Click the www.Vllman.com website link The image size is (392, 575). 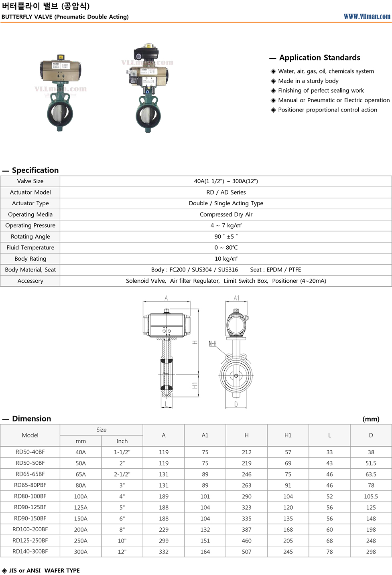click(x=367, y=16)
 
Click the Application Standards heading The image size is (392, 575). click(x=319, y=58)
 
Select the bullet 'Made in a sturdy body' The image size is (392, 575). click(x=308, y=81)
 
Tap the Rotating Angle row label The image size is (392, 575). click(x=30, y=237)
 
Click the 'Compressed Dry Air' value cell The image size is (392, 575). click(x=226, y=215)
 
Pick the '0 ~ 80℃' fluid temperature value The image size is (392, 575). click(x=226, y=248)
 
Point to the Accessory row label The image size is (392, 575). click(x=30, y=281)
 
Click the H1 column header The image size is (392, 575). click(x=288, y=435)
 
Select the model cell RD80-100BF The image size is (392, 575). click(x=30, y=496)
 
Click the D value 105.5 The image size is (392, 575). click(x=371, y=496)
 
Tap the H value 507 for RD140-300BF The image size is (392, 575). click(x=246, y=552)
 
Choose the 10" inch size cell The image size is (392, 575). click(x=122, y=541)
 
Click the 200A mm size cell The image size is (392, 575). click(x=81, y=530)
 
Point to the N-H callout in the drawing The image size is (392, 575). click(x=213, y=344)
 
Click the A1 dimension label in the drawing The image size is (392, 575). click(x=237, y=298)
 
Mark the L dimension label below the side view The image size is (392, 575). click(x=166, y=404)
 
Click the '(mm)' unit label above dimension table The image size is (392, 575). click(x=371, y=419)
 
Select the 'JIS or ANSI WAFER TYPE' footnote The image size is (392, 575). click(x=44, y=571)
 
